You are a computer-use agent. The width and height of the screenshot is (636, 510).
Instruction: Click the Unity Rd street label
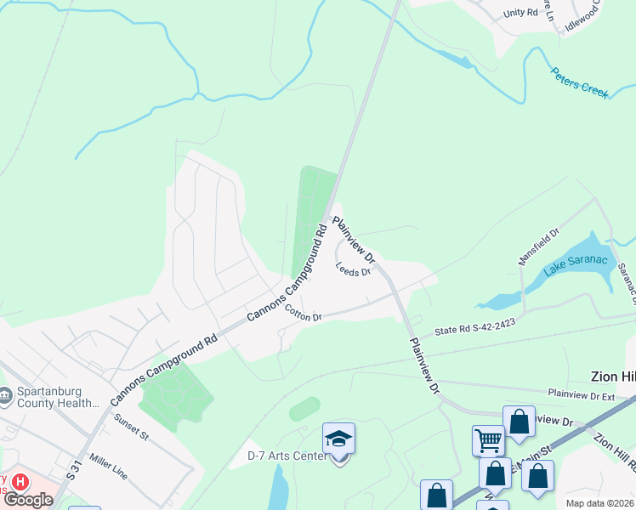click(x=521, y=13)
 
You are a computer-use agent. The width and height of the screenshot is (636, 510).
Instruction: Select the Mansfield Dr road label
click(x=539, y=246)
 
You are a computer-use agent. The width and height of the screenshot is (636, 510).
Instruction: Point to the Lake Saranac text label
click(x=576, y=266)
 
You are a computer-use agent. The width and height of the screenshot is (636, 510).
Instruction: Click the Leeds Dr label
click(x=354, y=270)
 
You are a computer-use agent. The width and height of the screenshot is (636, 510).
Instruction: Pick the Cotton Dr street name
click(x=304, y=313)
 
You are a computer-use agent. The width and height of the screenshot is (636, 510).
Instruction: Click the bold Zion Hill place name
click(x=613, y=377)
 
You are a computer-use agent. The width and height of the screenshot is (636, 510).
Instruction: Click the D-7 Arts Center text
click(x=287, y=456)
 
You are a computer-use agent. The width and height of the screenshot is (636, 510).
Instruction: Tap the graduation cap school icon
click(x=338, y=439)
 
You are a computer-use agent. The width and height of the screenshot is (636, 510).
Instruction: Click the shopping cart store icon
click(x=488, y=440)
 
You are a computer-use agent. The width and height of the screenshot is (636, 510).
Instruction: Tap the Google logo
click(x=28, y=500)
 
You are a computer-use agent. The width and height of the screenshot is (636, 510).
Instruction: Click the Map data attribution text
click(x=599, y=503)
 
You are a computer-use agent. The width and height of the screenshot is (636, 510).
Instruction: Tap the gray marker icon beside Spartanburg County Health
click(x=6, y=394)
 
